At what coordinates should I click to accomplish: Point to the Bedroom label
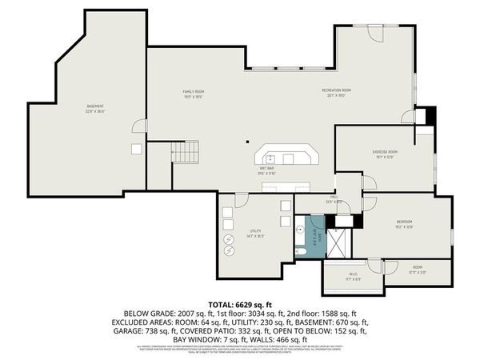pos(404,223)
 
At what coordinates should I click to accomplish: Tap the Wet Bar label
pos(266,170)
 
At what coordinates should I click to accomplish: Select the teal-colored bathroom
pos(308,236)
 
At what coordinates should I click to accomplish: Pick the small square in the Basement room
pos(137,149)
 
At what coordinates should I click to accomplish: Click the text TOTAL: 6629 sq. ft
pos(240,305)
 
